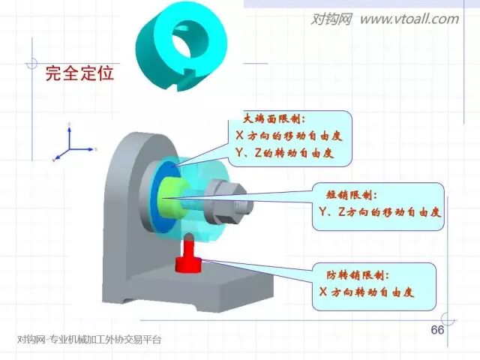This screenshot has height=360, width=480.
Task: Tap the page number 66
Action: click(437, 331)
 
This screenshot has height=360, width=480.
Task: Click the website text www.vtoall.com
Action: click(409, 19)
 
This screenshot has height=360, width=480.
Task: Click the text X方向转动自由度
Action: click(366, 291)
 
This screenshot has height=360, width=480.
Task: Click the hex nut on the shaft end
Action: click(235, 200)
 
